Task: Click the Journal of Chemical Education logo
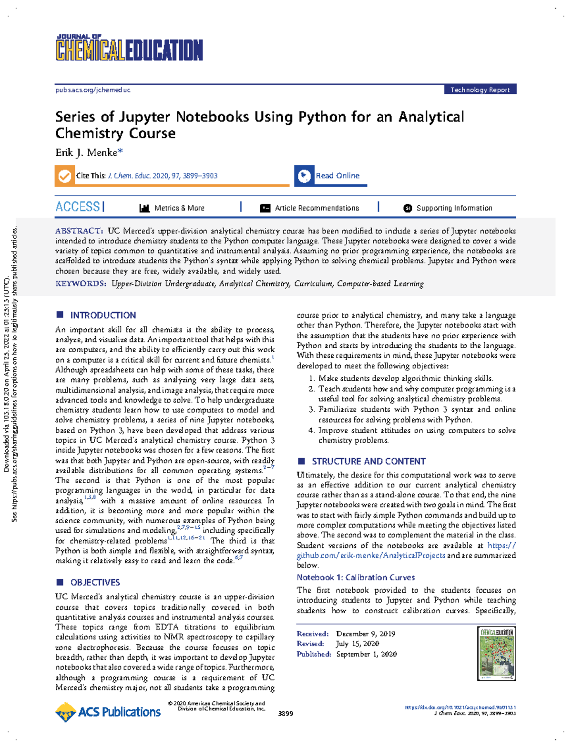129,48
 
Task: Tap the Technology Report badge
480,90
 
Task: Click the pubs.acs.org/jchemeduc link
92,90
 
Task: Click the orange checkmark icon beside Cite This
64,176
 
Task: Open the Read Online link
337,176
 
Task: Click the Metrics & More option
179,208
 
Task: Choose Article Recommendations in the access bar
317,208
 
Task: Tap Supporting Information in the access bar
454,208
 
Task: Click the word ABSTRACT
78,231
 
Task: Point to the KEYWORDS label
80,284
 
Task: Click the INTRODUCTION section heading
102,315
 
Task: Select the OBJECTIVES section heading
95,583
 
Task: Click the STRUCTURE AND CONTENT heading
368,462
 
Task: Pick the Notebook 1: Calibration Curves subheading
356,577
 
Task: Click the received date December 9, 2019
365,634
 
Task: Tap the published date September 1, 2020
366,655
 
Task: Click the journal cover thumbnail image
496,653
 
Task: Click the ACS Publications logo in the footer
108,712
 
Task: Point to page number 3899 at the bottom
286,714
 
